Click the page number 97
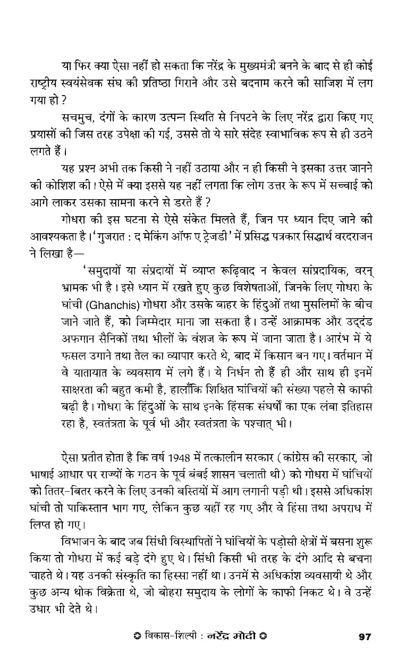coord(364,636)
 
